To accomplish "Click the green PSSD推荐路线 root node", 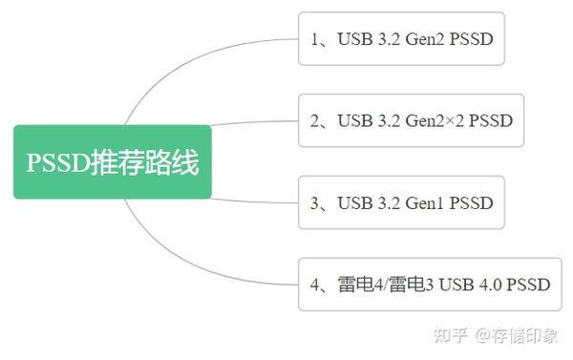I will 112,161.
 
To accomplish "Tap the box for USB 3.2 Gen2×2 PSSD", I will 412,120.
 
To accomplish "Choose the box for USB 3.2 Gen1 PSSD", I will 401,202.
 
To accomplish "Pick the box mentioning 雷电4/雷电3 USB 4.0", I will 430,284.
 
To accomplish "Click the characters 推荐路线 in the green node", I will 145,162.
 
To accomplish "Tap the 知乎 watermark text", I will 451,335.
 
